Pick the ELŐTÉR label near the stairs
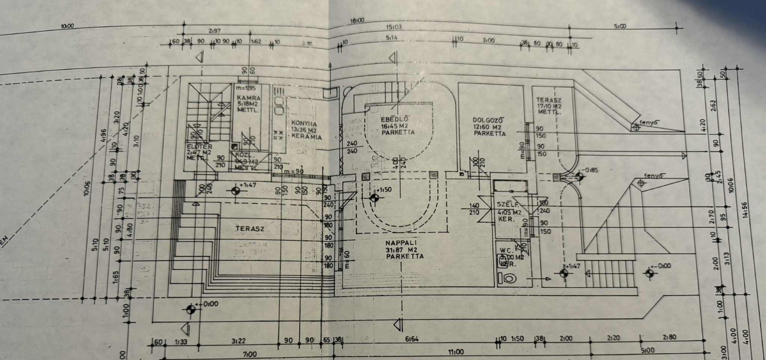[x=196, y=146]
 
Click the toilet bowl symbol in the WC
[x=509, y=277]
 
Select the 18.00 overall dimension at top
[x=357, y=20]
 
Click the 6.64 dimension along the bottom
[x=412, y=339]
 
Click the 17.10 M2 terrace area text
[x=549, y=106]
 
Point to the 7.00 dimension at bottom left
[x=249, y=354]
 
